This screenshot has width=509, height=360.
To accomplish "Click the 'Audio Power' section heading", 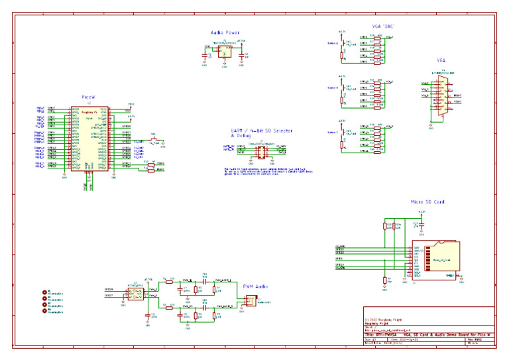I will [225, 32].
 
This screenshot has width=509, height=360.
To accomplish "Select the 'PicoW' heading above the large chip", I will [89, 97].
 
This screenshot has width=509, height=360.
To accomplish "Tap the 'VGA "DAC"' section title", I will [384, 27].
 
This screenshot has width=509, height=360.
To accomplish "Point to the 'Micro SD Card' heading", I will [427, 202].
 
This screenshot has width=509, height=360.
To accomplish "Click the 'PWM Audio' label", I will [255, 286].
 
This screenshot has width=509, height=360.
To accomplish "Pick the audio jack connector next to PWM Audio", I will [249, 300].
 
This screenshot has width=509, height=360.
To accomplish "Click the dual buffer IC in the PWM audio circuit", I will [135, 292].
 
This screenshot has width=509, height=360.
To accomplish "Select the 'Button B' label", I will [333, 88].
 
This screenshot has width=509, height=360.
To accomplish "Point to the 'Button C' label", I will [333, 132].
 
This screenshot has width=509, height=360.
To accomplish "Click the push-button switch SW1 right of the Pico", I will [154, 139].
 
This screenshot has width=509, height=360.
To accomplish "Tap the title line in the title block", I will [428, 335].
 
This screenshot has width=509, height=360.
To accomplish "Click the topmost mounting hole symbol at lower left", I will [45, 292].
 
